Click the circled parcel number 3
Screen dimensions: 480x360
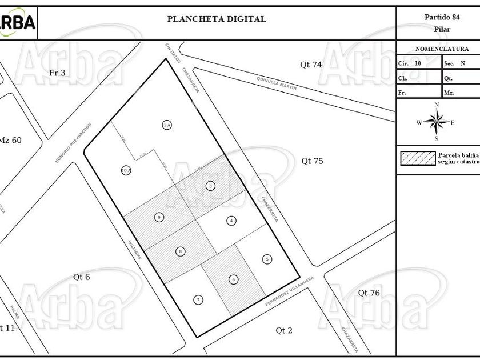coord(210,186)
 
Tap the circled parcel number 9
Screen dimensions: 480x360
coord(159,217)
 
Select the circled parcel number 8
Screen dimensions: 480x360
coord(181,251)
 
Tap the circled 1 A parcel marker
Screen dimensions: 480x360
coord(167,125)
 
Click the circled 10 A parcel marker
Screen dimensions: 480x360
coord(126,170)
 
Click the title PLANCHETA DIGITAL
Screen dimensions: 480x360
coord(216,19)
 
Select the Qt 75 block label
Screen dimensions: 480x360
coord(312,161)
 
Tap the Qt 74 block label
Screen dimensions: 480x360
coord(311,65)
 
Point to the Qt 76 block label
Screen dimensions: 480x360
coord(369,293)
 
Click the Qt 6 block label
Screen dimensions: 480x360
coord(81,277)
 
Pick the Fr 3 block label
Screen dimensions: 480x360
coord(57,73)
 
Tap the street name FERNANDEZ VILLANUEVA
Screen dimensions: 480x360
coord(290,295)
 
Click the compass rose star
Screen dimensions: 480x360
coord(436,121)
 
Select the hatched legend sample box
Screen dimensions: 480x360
coord(418,158)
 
